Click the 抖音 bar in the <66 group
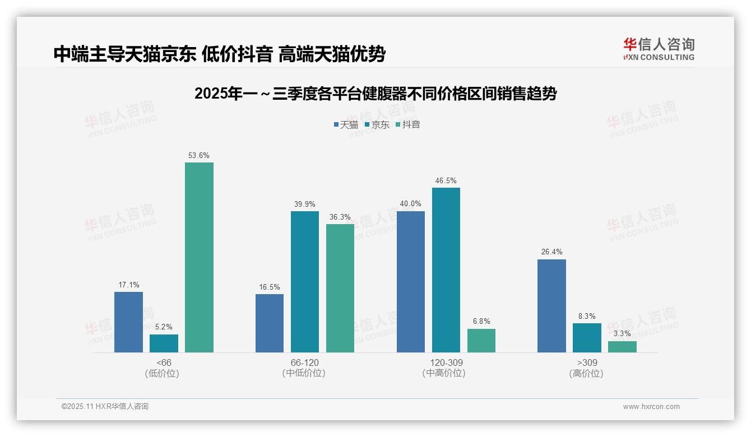(199, 258)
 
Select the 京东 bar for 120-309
(446, 270)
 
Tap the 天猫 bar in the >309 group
(551, 306)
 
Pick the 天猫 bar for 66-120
(270, 323)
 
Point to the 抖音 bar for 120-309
(481, 341)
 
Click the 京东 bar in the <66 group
(164, 343)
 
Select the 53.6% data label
(199, 156)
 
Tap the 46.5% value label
(446, 181)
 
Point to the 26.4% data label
(551, 252)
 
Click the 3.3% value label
(622, 334)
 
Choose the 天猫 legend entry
(346, 125)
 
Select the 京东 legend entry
(377, 125)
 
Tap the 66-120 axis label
(304, 363)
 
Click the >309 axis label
(586, 363)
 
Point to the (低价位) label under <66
(163, 374)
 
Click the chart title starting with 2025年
(375, 94)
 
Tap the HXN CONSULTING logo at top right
(659, 49)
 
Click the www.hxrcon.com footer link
(651, 407)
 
